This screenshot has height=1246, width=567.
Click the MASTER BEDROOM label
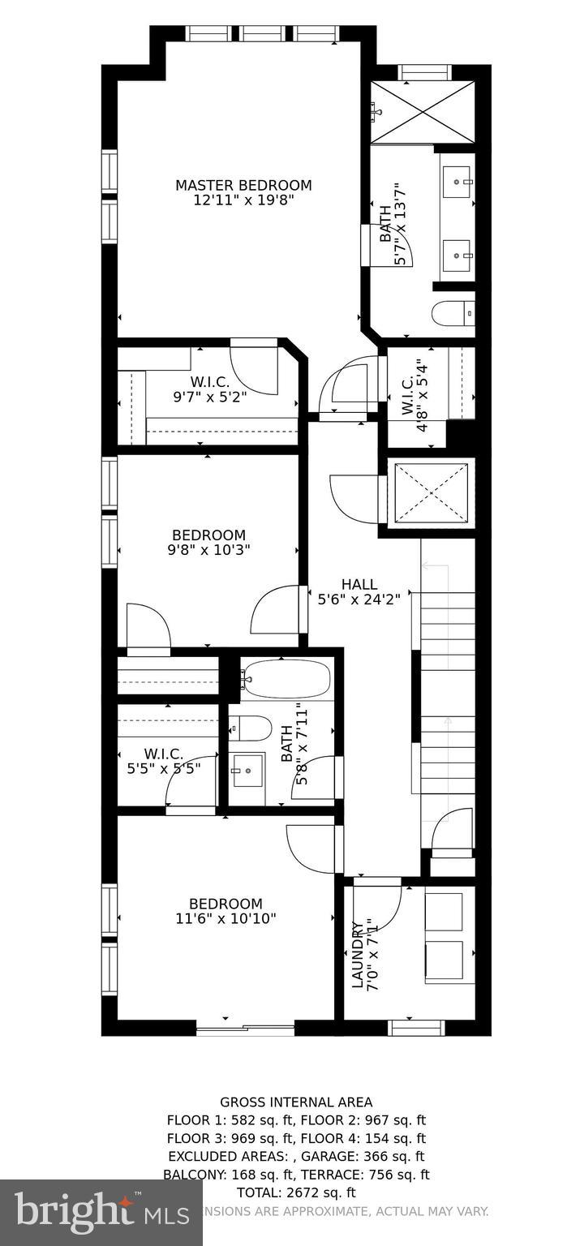[x=243, y=186]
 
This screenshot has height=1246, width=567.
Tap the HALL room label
[x=359, y=584]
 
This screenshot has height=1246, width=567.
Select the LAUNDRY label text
[x=357, y=955]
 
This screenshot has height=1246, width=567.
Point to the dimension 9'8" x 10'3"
[x=208, y=549]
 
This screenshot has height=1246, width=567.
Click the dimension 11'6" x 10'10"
[x=226, y=918]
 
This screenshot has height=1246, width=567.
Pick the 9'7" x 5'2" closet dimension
[x=209, y=397]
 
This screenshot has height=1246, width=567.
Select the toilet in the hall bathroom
[x=251, y=728]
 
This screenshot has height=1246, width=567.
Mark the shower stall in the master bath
[x=422, y=112]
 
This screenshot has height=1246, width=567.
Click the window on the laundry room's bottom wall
[x=416, y=1027]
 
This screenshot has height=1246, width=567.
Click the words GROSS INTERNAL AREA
[x=296, y=1102]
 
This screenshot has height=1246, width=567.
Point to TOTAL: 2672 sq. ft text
[x=296, y=1192]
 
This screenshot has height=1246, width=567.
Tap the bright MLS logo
[x=89, y=1211]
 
